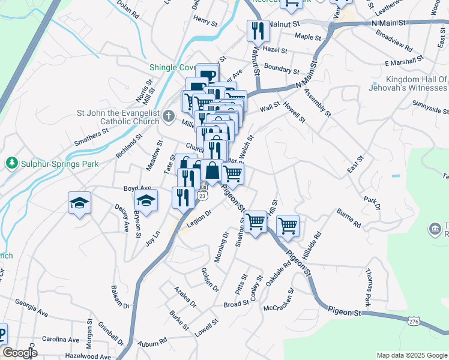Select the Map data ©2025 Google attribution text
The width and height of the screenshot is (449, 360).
point(411,355)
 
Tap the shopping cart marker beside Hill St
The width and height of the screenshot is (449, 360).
point(288,226)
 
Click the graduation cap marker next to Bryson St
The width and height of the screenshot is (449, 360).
point(145,200)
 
